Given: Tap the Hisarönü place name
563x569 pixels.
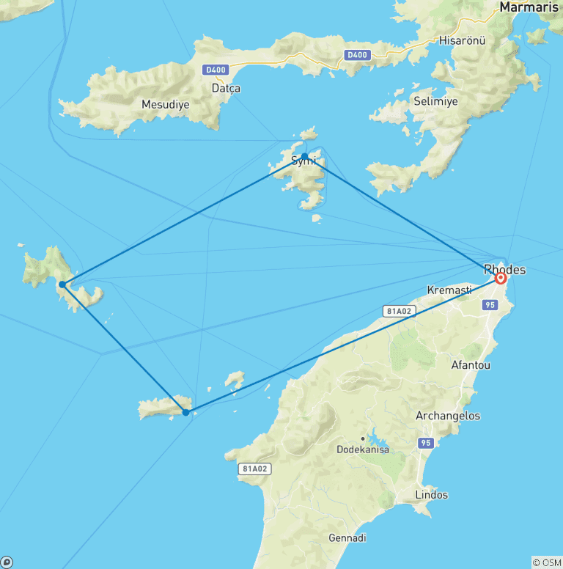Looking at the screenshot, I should (462, 41).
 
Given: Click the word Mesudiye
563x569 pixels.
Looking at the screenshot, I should (165, 105).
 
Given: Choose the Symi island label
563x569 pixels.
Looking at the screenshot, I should (303, 161).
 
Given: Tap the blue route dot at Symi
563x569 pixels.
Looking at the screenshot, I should (305, 156).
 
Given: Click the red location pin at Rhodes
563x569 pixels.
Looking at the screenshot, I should (501, 278).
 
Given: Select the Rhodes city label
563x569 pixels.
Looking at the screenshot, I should (504, 269).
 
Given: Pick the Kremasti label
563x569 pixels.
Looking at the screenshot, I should (449, 290).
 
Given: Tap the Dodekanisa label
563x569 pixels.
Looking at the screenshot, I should (364, 449).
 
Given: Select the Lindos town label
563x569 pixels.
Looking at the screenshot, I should (431, 495).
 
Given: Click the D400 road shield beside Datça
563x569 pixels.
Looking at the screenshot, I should (216, 70).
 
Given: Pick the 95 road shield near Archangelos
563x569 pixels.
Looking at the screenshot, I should (426, 443).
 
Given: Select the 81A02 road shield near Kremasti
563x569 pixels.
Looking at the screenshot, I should (397, 311).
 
